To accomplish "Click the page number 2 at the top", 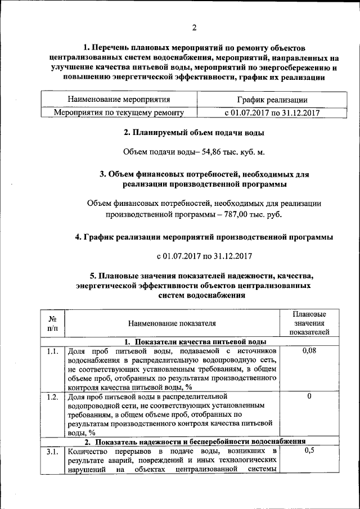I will pos(193,28).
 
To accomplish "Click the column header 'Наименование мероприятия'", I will pos(119,100).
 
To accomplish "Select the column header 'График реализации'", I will pos(272,100).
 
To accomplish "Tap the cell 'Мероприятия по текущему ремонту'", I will pos(119,112).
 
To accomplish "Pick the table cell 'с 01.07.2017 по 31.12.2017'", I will pos(272,112).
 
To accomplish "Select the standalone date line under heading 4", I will pos(204,256).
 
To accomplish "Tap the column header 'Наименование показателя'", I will pos(172,323).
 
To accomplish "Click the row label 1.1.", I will pos(52,352).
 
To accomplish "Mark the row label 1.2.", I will pos(52,397).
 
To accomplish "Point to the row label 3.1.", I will pos(52,451).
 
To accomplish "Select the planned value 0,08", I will pos(309,351).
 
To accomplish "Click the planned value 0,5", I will pos(309,451).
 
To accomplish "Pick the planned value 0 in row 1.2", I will pos(309,397).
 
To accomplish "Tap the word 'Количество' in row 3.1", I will pos(86,451).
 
